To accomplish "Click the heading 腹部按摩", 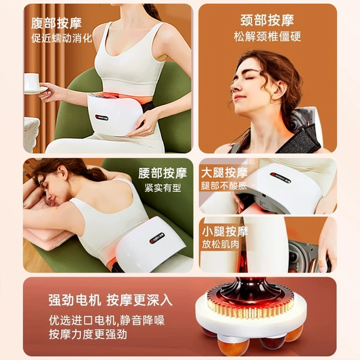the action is [x=56, y=23].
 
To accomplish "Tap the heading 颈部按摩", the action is [x=267, y=20].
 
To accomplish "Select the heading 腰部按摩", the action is [x=163, y=173].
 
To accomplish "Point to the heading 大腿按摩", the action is [x=224, y=173].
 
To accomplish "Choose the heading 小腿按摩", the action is [x=225, y=231].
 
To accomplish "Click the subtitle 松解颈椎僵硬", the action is [x=267, y=37].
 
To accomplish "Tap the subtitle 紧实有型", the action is [x=163, y=188].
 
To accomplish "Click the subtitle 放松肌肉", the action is [x=220, y=244].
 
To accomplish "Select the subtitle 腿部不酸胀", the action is [x=224, y=185].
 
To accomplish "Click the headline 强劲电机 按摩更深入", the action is [x=110, y=300].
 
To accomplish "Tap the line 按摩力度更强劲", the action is [x=88, y=334].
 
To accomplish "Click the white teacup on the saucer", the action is [x=31, y=82].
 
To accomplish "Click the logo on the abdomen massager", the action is [x=102, y=118].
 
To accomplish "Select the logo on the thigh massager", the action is [x=281, y=178].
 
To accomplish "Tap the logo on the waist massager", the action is [x=157, y=238].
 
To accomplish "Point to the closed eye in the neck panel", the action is [x=250, y=79].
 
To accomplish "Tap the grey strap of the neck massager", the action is [x=301, y=140].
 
